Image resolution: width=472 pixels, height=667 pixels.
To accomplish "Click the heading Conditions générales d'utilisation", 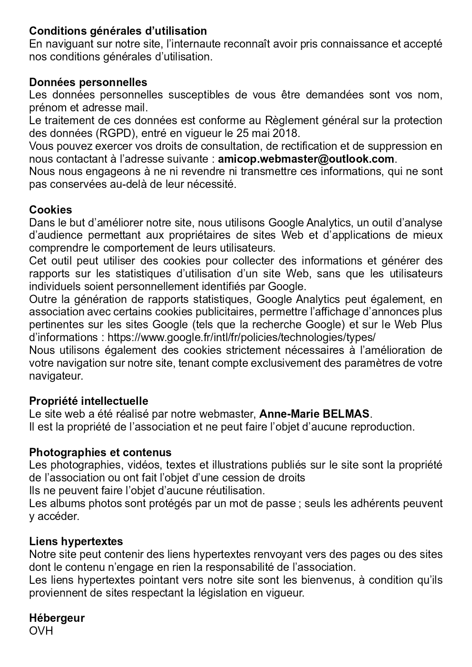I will [118, 31].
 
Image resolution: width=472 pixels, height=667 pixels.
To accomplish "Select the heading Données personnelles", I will [88, 82].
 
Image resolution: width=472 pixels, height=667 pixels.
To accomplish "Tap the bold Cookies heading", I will [50, 210].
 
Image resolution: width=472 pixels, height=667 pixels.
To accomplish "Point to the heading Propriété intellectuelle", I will [88, 401].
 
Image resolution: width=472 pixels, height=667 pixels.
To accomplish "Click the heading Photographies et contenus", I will [100, 452].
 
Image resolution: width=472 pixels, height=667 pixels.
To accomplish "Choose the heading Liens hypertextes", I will [76, 541].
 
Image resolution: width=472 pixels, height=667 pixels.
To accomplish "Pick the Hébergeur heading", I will [57, 618].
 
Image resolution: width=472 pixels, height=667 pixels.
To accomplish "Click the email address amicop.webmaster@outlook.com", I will [306, 159].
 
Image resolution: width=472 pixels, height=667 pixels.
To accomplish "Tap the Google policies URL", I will [242, 337].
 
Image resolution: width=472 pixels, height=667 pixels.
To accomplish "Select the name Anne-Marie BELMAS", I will [315, 414].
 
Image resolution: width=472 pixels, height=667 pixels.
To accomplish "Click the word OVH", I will [41, 631].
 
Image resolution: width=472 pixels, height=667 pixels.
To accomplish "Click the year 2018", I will [286, 133].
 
